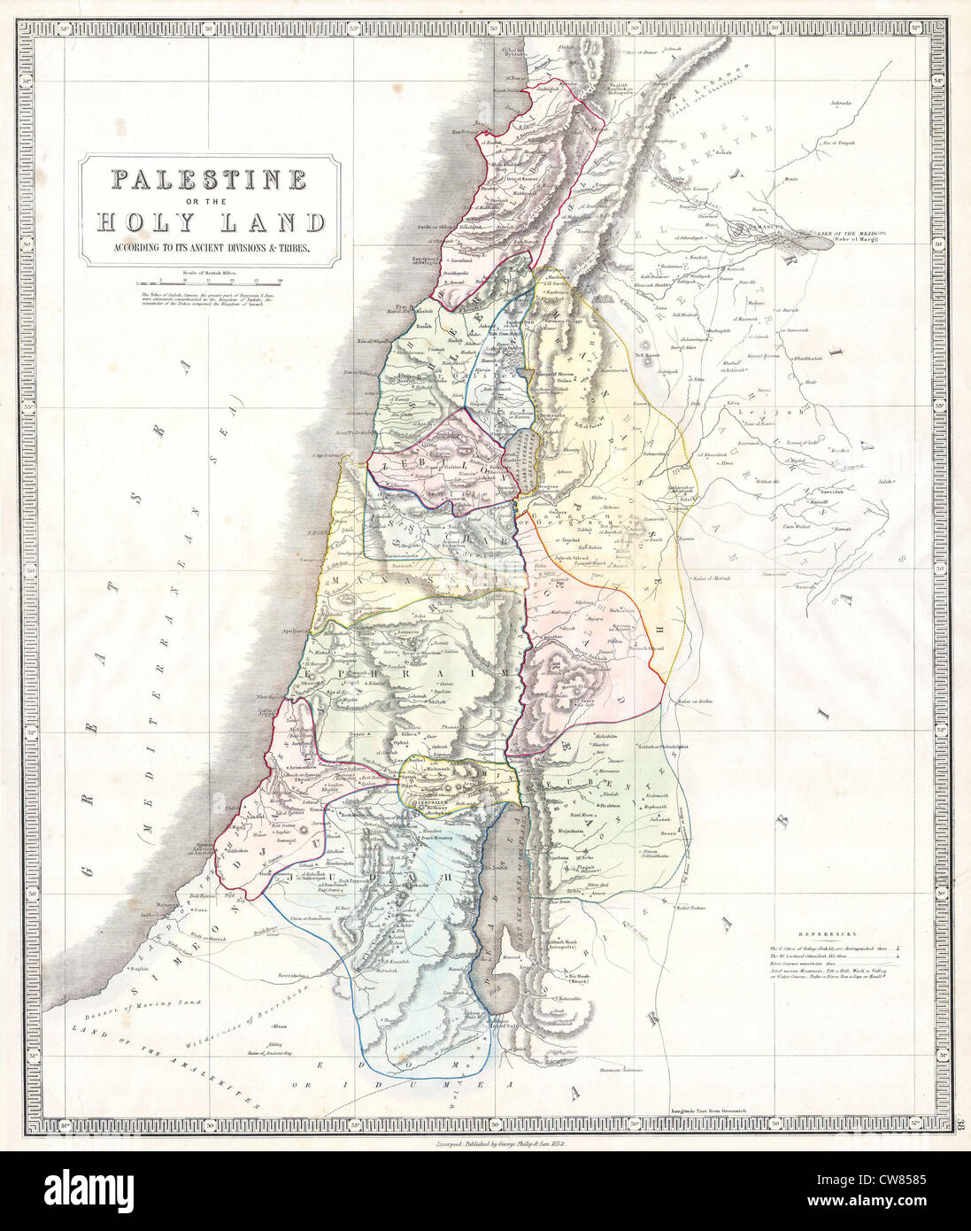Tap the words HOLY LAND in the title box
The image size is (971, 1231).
[210, 222]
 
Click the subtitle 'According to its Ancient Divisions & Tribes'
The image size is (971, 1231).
[210, 249]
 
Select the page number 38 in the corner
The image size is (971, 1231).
[962, 1125]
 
